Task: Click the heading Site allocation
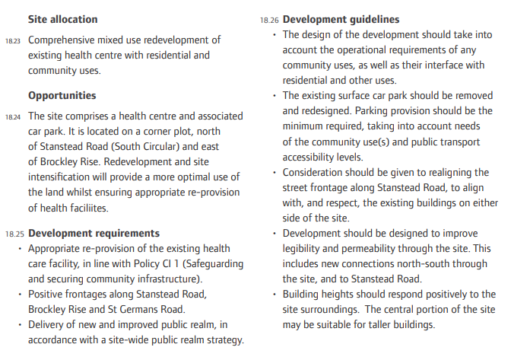(62, 18)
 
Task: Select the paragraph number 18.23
(12, 40)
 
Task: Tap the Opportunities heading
(62, 96)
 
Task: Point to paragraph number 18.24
(12, 118)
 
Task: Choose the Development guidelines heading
(334, 18)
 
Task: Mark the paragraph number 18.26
(267, 19)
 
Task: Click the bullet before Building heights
(274, 295)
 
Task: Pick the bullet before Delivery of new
(20, 325)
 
